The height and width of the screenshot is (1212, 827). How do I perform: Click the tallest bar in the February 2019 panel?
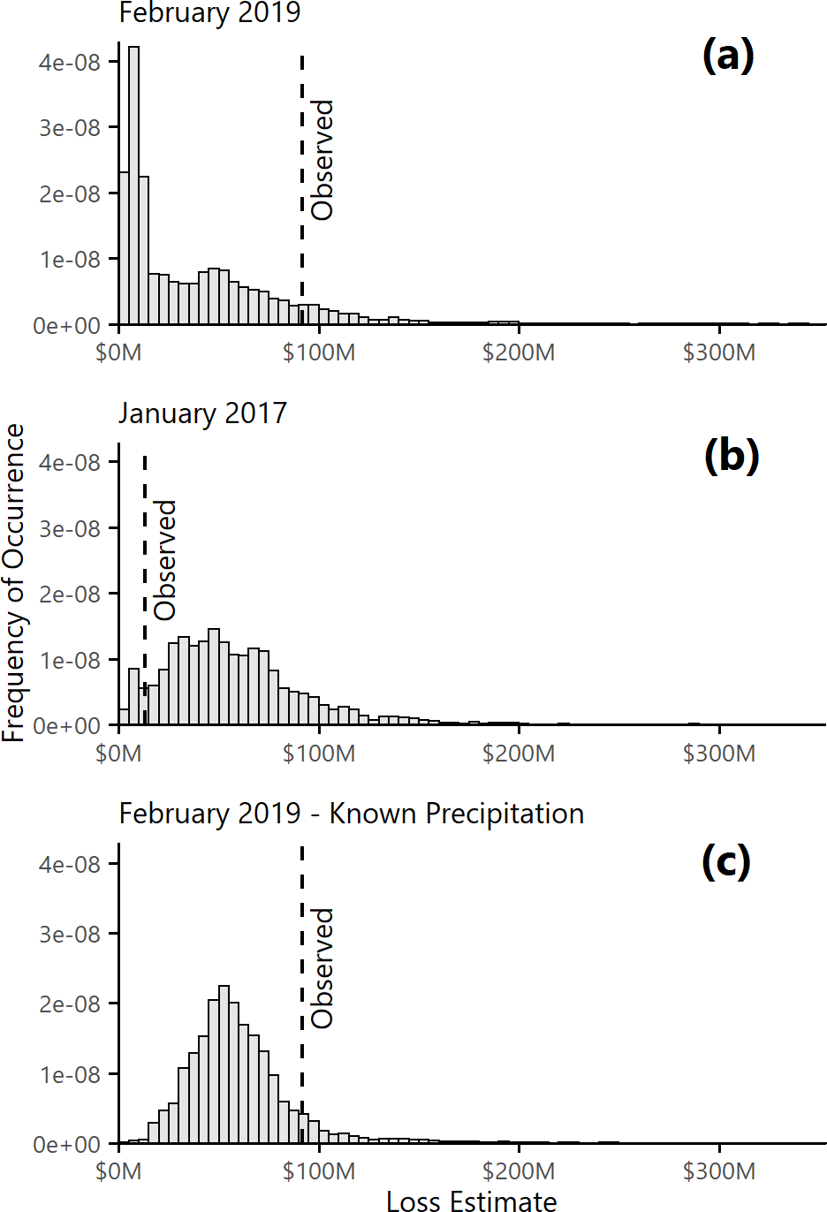click(x=133, y=186)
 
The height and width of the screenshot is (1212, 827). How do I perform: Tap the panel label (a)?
click(x=728, y=56)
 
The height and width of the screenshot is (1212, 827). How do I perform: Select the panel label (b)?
click(x=731, y=457)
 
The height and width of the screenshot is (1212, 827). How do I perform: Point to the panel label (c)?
click(x=725, y=860)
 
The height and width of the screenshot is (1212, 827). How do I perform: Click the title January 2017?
click(x=203, y=413)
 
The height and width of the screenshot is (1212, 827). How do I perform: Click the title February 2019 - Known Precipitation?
click(x=352, y=814)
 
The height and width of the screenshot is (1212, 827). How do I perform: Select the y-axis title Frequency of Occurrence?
click(x=14, y=583)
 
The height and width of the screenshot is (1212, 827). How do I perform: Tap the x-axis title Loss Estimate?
click(x=472, y=1200)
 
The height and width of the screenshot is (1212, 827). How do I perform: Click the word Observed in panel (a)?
click(x=322, y=160)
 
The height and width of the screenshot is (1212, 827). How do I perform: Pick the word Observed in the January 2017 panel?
click(x=165, y=560)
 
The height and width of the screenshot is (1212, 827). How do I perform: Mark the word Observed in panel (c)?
click(x=322, y=968)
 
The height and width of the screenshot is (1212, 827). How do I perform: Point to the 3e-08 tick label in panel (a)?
click(x=70, y=128)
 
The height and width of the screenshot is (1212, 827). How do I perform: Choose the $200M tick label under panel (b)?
click(x=519, y=754)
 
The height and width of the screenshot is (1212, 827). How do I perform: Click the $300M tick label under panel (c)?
click(x=719, y=1171)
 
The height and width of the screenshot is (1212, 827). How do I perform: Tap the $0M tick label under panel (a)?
click(x=118, y=353)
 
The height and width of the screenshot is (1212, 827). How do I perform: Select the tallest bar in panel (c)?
click(x=224, y=1064)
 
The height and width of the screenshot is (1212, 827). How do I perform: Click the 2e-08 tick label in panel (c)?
click(x=70, y=1004)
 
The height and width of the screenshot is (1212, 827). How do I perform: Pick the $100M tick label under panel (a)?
click(x=319, y=353)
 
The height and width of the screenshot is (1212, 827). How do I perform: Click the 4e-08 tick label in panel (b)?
click(x=70, y=463)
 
